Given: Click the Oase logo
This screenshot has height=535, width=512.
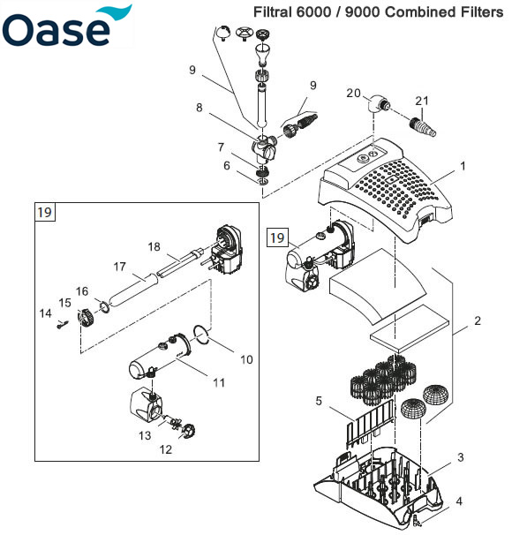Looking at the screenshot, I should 66,27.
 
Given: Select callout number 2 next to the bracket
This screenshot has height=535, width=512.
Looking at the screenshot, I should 478,320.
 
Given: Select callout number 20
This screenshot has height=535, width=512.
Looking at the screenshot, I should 353,94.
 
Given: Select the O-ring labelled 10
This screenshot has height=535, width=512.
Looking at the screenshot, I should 202,335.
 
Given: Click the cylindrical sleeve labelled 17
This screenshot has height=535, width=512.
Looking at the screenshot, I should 133,290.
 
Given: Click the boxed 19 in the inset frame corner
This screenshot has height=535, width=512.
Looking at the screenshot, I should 44,212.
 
